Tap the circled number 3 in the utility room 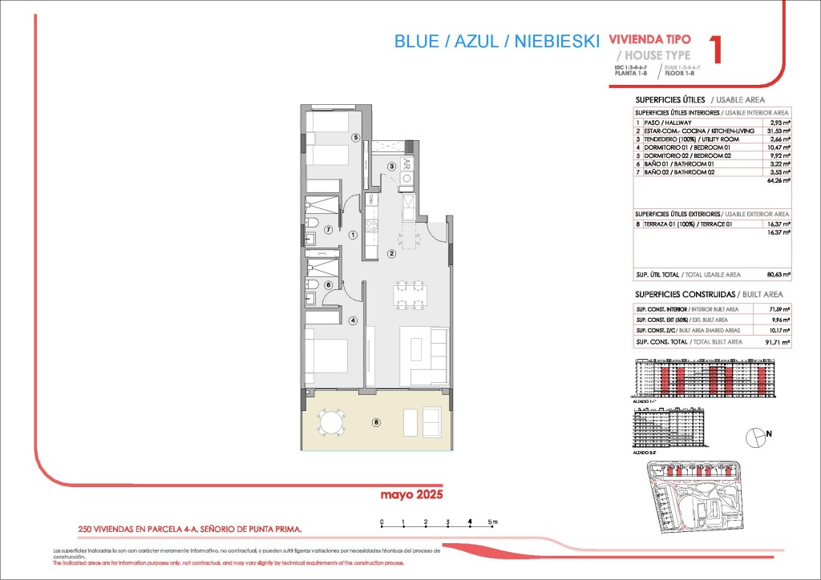(x=392, y=167)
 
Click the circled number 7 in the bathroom (x=327, y=230)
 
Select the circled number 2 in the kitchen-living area (x=391, y=254)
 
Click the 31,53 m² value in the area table (x=778, y=131)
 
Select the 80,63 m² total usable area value (x=779, y=275)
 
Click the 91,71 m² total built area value (x=778, y=342)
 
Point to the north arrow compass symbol (x=756, y=437)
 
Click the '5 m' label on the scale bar (x=494, y=522)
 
